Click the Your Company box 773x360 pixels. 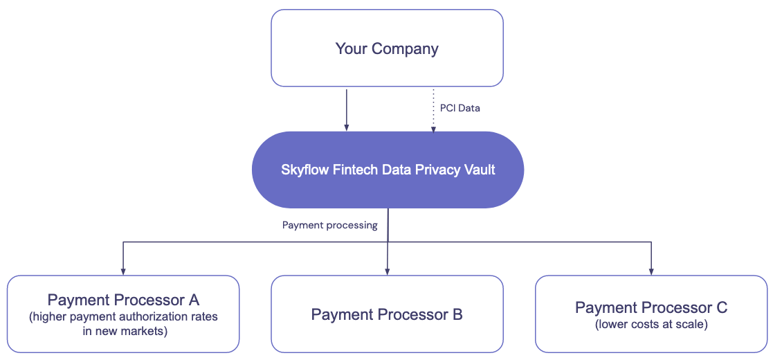click(x=387, y=48)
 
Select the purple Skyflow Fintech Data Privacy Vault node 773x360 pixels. click(x=388, y=170)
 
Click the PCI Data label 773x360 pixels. click(x=460, y=108)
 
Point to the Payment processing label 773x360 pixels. click(x=330, y=225)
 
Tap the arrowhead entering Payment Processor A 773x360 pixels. click(x=123, y=271)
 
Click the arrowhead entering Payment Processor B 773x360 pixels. click(x=387, y=271)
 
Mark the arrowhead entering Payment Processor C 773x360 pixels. click(x=651, y=271)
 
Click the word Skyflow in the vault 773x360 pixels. click(x=302, y=170)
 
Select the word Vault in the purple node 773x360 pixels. click(x=479, y=170)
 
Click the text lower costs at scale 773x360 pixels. click(x=651, y=324)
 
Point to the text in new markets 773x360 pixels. click(x=123, y=331)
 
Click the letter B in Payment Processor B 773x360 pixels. click(x=457, y=315)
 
